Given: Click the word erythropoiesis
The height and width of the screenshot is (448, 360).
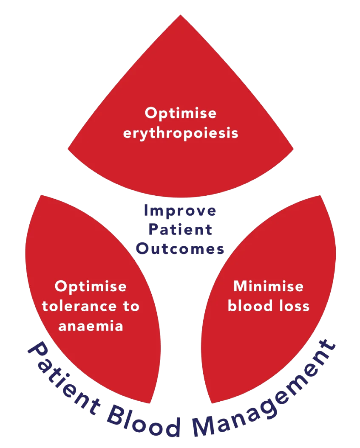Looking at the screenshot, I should [181, 133].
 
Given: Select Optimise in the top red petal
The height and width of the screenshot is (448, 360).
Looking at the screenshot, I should [181, 113].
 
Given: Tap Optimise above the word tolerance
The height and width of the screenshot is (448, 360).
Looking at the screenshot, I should [91, 287].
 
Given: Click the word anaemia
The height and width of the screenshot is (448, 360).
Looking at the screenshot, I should [91, 326].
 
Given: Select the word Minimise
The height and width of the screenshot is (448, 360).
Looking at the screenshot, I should [269, 286].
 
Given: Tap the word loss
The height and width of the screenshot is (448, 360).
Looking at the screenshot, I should [293, 306].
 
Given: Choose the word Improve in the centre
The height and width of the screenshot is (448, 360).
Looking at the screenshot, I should [180, 211].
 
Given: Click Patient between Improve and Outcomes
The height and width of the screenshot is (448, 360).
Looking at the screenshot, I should [180, 230].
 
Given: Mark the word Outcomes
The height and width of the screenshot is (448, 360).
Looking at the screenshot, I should [180, 249].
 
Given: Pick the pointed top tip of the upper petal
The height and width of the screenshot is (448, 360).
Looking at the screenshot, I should [181, 16].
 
